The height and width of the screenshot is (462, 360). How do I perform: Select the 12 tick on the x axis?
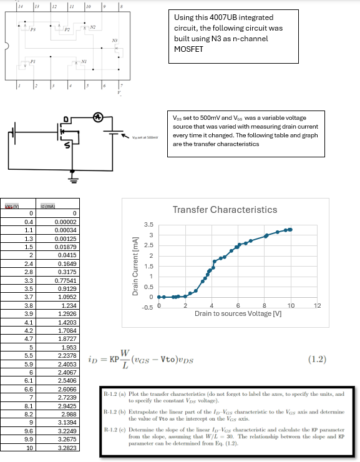coord(317,305)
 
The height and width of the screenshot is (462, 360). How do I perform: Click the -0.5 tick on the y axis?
coord(147,307)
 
